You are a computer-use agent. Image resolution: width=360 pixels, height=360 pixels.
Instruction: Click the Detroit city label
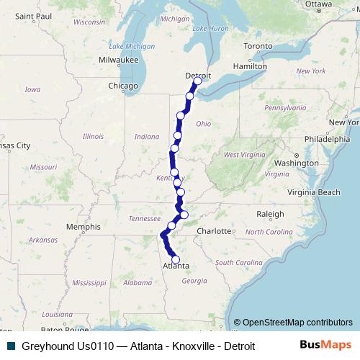[x=198, y=75]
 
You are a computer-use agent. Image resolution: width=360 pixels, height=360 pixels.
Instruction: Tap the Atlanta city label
[x=176, y=266]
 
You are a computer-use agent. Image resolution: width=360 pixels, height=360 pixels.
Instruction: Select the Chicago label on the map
[x=122, y=86]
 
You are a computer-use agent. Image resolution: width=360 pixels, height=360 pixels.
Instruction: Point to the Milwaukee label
[x=118, y=60]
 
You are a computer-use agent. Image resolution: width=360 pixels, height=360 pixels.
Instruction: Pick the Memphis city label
[x=83, y=227]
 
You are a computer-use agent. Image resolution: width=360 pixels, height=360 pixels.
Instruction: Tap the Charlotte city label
[x=216, y=231]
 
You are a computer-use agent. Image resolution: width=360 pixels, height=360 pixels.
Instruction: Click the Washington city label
[x=296, y=163]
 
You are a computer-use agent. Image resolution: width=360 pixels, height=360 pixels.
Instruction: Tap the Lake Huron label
[x=210, y=28]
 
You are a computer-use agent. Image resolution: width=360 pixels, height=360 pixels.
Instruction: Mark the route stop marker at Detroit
[x=197, y=81]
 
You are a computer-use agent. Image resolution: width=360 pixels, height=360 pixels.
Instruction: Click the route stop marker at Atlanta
[x=175, y=261]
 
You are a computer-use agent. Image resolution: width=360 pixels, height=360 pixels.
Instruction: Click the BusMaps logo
[x=325, y=345]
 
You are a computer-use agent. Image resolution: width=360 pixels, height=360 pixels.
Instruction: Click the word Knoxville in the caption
[x=192, y=346]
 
